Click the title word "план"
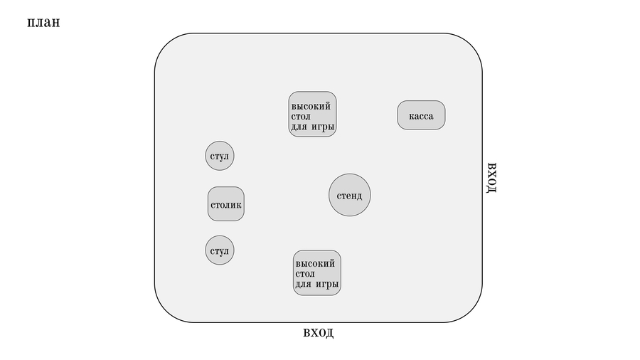pos(44,22)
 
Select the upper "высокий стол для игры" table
pos(312,114)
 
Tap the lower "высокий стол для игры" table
pos(316,272)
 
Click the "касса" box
pos(421,115)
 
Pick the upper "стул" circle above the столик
pos(220,156)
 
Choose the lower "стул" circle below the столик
pos(220,250)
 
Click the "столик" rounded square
pos(226,204)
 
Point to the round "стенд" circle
pos(349,195)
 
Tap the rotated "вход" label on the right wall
pos(491,177)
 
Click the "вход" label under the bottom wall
pos(318,333)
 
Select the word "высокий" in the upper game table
pos(311,105)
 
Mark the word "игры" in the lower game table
pos(328,285)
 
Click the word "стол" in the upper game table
pos(301,117)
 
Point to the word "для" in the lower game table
pos(303,285)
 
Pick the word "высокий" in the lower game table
pos(314,263)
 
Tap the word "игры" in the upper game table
pos(324,128)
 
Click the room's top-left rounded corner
pos(166,45)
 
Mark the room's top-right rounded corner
pos(470,46)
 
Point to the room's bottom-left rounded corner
pos(166,311)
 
